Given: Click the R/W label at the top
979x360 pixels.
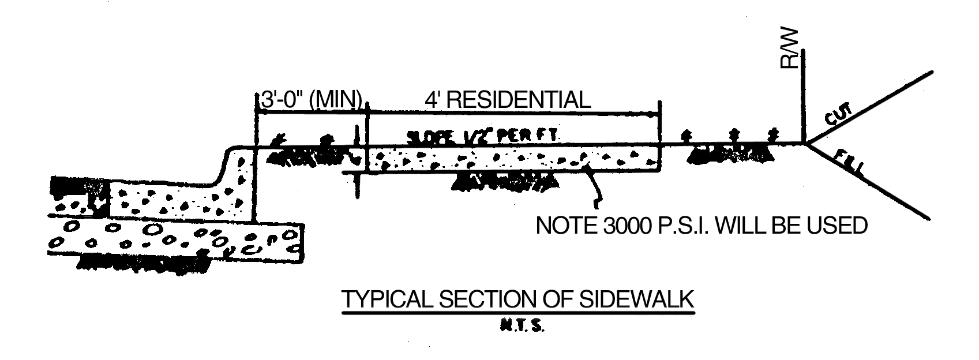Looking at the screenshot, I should [x=789, y=48].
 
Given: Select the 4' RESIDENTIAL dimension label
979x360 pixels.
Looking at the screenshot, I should [x=507, y=100].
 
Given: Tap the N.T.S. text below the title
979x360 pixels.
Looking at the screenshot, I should [x=519, y=327].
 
